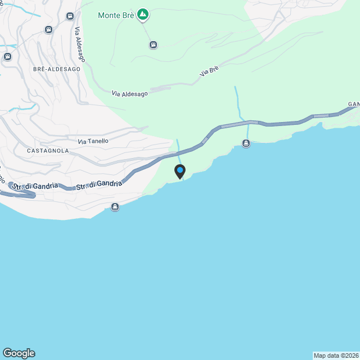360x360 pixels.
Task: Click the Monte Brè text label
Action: click(x=116, y=15)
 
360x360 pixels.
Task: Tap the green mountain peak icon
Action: click(x=143, y=14)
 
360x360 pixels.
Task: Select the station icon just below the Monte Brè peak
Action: click(x=153, y=44)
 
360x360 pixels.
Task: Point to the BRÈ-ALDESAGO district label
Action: click(x=57, y=69)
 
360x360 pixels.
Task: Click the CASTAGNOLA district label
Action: click(x=48, y=151)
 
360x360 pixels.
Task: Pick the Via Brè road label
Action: click(x=209, y=71)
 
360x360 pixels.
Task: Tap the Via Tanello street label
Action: click(x=93, y=141)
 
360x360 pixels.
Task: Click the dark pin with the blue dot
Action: click(x=180, y=171)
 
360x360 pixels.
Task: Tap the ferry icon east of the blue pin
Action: click(x=246, y=143)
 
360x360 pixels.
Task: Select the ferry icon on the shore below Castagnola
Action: click(x=115, y=206)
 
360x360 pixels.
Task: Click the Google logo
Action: click(x=19, y=353)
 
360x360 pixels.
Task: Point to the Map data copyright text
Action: click(x=336, y=355)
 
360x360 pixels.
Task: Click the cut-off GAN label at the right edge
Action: click(x=353, y=104)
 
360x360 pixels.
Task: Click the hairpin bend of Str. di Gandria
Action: click(x=33, y=195)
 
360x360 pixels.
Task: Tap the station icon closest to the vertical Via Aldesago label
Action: click(x=70, y=16)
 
